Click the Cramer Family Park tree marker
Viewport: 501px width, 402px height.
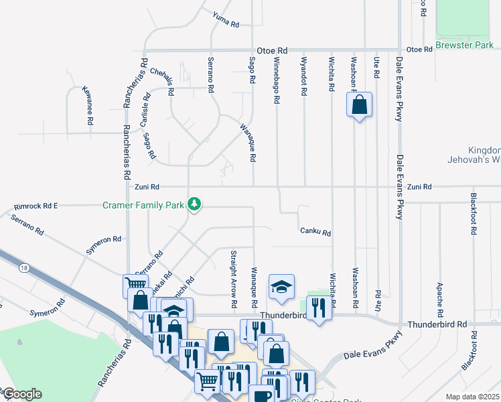click(x=194, y=204)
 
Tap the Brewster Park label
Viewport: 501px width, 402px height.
click(x=464, y=46)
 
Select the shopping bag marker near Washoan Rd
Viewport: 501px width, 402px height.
click(x=359, y=105)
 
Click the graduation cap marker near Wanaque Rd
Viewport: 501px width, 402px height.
click(x=282, y=287)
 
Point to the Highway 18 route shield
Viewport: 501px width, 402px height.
click(x=25, y=268)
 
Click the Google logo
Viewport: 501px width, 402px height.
click(x=22, y=394)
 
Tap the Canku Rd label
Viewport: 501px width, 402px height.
click(x=315, y=232)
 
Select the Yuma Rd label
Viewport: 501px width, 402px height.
click(x=226, y=20)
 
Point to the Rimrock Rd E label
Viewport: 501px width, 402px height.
click(x=36, y=206)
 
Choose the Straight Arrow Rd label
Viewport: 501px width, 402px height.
click(x=234, y=279)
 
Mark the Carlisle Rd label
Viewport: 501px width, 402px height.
click(x=144, y=109)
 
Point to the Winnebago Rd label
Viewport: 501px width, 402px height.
click(x=275, y=80)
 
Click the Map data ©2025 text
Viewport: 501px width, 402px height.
click(x=472, y=397)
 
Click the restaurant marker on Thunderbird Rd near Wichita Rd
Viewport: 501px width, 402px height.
click(x=319, y=308)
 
